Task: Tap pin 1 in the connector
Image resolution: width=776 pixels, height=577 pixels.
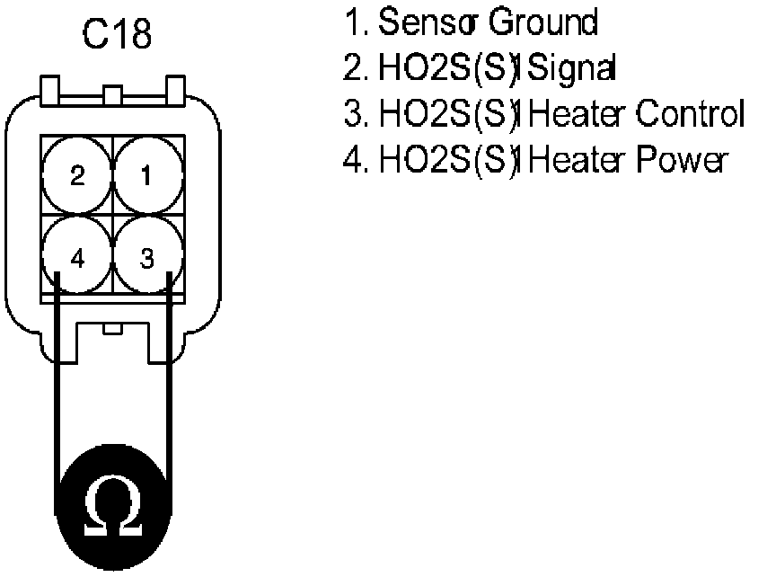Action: pyautogui.click(x=147, y=175)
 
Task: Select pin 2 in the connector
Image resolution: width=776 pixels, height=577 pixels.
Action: pyautogui.click(x=77, y=175)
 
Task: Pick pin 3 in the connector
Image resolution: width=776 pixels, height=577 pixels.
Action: pyautogui.click(x=147, y=258)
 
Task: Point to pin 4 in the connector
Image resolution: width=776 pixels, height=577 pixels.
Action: pyautogui.click(x=77, y=258)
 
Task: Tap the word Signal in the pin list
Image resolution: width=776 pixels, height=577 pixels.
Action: pyautogui.click(x=561, y=69)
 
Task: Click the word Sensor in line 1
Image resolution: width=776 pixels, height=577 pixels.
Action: pyautogui.click(x=427, y=23)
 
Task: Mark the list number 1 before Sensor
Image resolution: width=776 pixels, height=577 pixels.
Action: pyautogui.click(x=351, y=23)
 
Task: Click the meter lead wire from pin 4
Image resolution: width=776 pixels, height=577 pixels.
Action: pyautogui.click(x=57, y=377)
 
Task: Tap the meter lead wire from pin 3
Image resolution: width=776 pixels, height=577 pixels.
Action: pyautogui.click(x=168, y=377)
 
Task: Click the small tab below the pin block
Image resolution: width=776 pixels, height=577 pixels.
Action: pyautogui.click(x=112, y=329)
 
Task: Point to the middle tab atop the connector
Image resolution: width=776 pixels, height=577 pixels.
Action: pyautogui.click(x=112, y=94)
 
